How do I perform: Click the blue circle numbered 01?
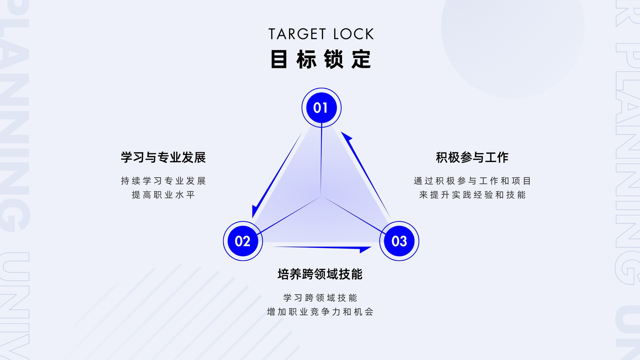click(x=322, y=108)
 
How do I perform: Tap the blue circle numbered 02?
click(x=243, y=241)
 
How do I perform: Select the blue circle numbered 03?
click(x=399, y=241)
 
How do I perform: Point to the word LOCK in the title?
click(x=354, y=34)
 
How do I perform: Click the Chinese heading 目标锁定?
click(x=321, y=59)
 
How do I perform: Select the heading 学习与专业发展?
click(x=163, y=158)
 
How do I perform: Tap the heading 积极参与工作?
click(x=472, y=158)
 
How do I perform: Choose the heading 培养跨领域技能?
click(x=320, y=274)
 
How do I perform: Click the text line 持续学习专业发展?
click(x=163, y=181)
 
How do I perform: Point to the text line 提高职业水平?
click(x=163, y=195)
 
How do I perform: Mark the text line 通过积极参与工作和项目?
click(x=472, y=181)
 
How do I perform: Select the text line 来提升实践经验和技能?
click(x=472, y=195)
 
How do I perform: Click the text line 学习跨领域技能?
click(x=320, y=298)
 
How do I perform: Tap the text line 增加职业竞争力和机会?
click(x=320, y=312)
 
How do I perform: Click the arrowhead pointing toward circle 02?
click(x=255, y=211)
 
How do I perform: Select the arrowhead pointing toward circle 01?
click(x=346, y=136)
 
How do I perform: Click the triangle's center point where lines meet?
click(x=321, y=196)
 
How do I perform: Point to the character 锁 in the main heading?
click(x=334, y=59)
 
